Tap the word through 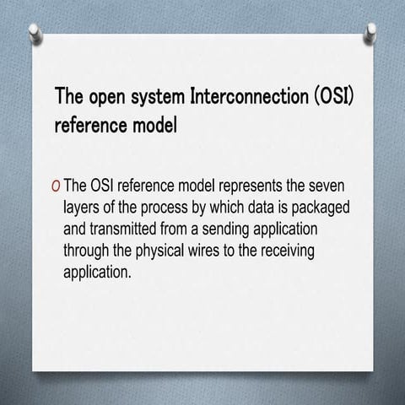tap(88, 251)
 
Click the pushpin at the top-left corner tap(35, 31)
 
